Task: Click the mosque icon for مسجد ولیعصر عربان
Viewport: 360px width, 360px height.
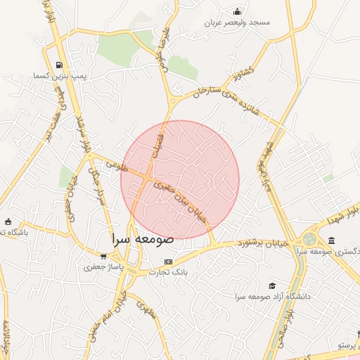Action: [x=238, y=11]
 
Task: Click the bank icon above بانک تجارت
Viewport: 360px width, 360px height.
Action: [x=167, y=262]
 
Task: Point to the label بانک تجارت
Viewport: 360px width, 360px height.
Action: [x=167, y=272]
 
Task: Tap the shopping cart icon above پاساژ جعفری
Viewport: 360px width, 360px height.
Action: [x=103, y=257]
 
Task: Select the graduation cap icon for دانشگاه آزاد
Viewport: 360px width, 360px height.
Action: [x=272, y=285]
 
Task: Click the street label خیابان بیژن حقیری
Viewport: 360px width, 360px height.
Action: [x=183, y=199]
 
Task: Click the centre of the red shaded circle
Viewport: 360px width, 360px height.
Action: [x=180, y=180]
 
